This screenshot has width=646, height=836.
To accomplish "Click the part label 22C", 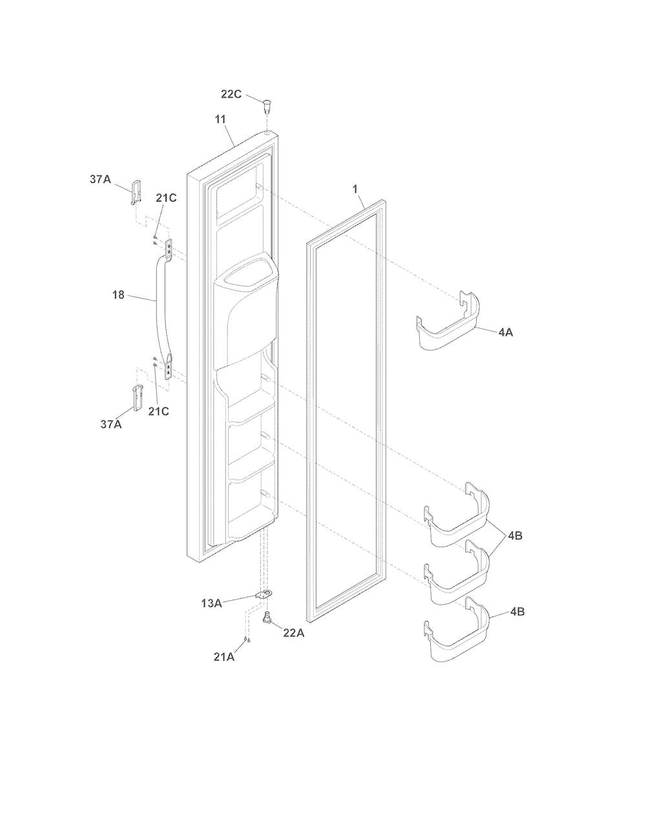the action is coord(231,94).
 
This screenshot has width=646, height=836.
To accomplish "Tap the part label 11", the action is coord(220,120).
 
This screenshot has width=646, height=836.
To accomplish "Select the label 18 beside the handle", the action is coord(118,295).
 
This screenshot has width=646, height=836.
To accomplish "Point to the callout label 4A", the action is coord(506,333).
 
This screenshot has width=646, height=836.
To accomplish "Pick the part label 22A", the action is coord(294,633).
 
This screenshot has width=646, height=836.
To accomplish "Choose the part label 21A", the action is coord(224,657).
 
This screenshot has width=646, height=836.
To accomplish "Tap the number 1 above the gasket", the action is coord(355,189).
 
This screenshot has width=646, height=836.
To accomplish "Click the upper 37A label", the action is coord(100,179).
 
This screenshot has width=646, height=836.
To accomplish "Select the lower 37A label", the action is coord(111,424).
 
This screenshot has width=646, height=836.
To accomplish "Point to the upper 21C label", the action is coord(166,198).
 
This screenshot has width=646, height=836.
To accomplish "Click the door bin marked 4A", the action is coord(448,322).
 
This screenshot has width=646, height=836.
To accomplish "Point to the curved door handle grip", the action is coord(160,310).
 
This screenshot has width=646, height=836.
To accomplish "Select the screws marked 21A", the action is coord(247,640).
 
